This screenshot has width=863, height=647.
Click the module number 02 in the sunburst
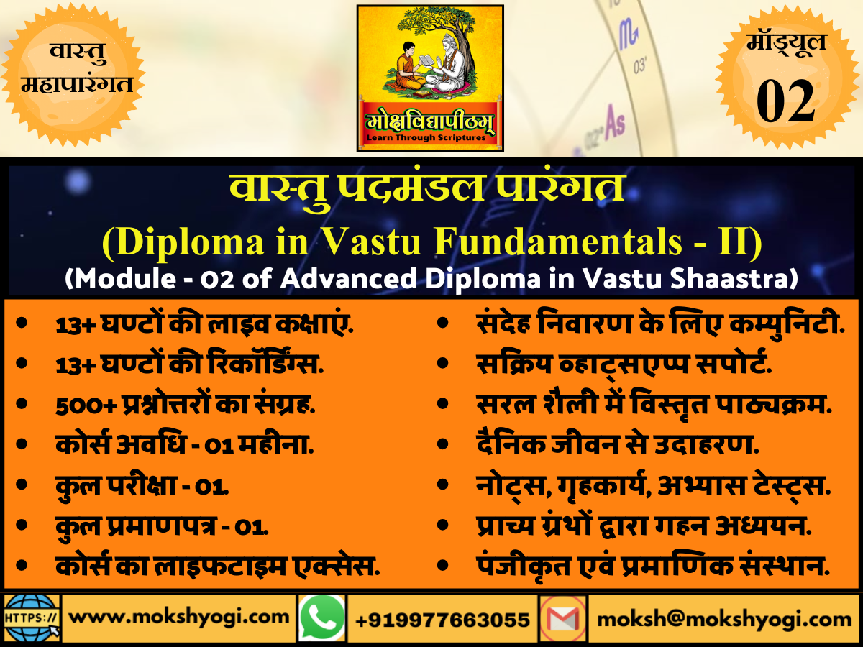785,101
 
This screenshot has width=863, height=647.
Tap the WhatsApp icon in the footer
321,618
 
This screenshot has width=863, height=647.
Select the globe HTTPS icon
32,618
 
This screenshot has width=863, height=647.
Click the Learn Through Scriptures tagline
430,137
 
